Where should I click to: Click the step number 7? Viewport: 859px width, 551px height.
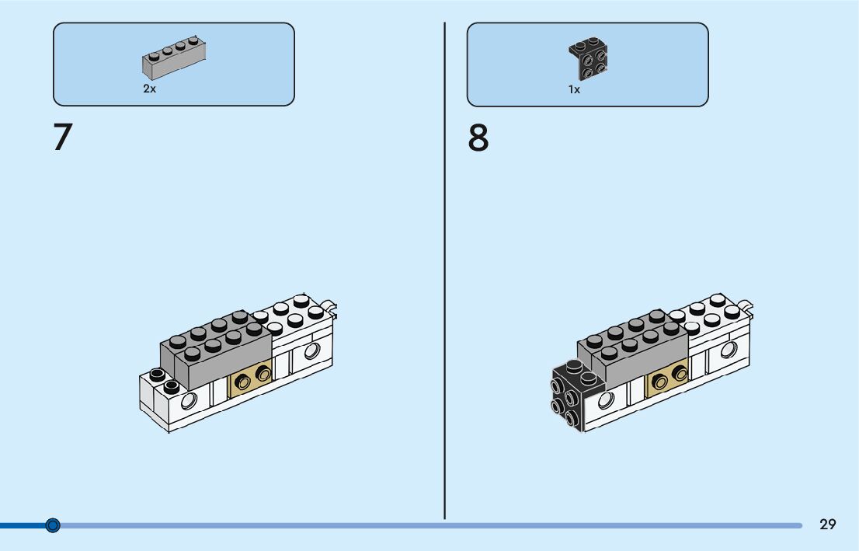[x=63, y=138]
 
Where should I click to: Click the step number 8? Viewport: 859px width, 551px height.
[x=478, y=138]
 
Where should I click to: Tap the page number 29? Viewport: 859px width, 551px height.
[x=828, y=525]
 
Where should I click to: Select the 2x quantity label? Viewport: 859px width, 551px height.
[x=149, y=89]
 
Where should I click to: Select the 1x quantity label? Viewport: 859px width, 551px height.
[x=574, y=90]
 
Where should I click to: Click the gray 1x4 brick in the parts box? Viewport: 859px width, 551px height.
[x=173, y=59]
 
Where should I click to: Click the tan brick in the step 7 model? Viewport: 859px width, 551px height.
[x=251, y=378]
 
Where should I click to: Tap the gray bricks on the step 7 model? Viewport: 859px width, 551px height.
[x=216, y=350]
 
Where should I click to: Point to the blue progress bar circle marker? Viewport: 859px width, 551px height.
[x=53, y=525]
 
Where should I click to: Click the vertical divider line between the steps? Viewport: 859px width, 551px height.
[x=445, y=272]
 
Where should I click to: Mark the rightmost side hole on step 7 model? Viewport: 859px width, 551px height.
[x=312, y=351]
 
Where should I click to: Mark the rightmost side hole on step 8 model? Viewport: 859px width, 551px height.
[x=729, y=350]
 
